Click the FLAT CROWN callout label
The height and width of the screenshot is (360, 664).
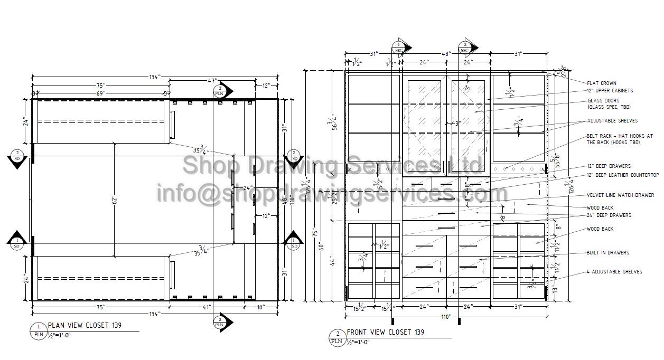pos(602,83)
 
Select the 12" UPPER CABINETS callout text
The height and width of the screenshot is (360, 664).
pos(610,91)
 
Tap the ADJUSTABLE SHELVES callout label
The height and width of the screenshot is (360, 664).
pos(612,121)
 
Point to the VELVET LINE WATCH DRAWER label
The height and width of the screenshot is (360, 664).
pos(620,195)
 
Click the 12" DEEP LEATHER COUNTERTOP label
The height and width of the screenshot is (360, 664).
pos(623,175)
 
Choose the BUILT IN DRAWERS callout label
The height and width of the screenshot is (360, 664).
pos(608,253)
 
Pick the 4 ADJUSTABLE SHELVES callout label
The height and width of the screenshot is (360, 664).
pos(614,272)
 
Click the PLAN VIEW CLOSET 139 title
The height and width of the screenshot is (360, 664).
pos(85,326)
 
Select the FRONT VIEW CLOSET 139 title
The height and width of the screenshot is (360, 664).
pos(385,333)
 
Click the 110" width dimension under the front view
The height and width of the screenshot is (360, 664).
pos(446,317)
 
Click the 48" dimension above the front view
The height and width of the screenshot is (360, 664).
pos(446,54)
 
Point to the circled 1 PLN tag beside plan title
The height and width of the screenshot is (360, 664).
pos(38,330)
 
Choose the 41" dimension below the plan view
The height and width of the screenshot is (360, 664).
pos(207,307)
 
